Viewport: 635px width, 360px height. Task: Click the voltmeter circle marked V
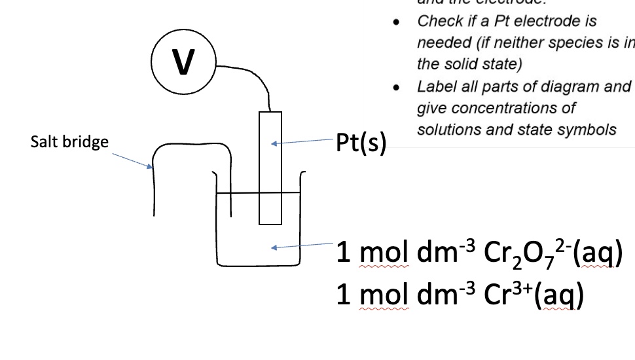click(x=184, y=62)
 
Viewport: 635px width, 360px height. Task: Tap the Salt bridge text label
click(x=69, y=142)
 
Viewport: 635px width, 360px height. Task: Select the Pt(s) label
click(x=361, y=143)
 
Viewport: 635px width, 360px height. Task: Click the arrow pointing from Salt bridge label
click(x=131, y=160)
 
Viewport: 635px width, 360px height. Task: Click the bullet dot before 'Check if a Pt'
click(x=395, y=21)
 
